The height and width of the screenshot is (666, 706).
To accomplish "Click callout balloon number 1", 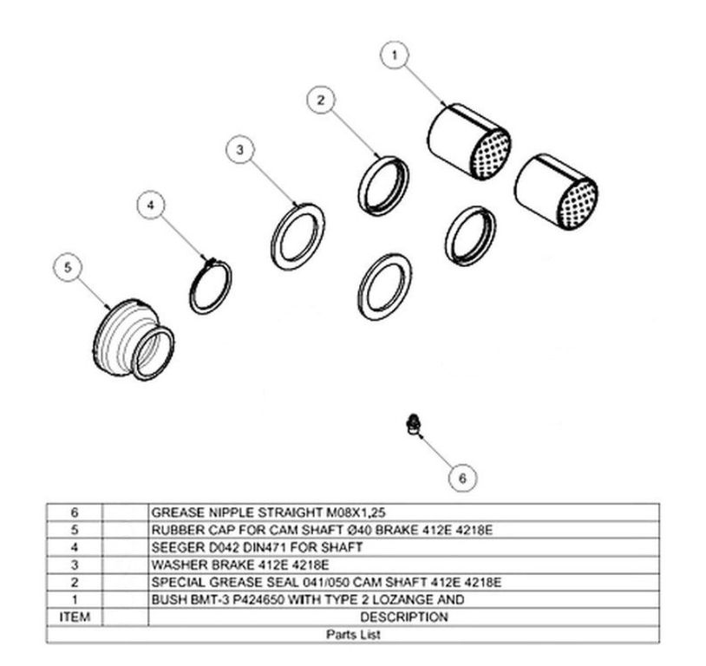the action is coord(395,55).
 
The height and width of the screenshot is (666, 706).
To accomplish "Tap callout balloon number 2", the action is coord(321,100).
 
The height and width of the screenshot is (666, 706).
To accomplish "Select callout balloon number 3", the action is coord(240,149).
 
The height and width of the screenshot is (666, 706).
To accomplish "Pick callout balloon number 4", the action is coord(151,205).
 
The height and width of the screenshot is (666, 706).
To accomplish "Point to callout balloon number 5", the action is coord(68,267).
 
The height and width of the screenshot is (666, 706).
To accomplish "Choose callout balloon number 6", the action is coord(462,478).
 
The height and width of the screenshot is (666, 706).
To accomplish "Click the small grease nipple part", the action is coord(411,424).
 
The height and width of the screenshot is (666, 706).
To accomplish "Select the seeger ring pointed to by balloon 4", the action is coord(210,286).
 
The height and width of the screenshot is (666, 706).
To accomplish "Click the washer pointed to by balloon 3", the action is coord(297,237).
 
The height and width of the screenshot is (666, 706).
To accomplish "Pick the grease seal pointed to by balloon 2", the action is coord(383,186).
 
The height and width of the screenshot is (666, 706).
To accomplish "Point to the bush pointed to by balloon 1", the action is coord(468,141).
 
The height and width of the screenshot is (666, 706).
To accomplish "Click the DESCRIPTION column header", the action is coord(404,617).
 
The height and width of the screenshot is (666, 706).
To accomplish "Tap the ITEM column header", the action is coord(75,617).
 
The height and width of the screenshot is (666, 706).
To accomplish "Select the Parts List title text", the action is coord(354,635).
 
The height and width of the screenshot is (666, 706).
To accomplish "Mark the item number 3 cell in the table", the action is coord(75,565).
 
